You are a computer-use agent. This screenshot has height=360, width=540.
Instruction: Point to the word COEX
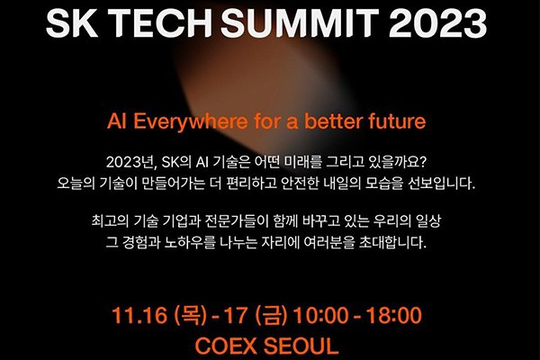(230, 346)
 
